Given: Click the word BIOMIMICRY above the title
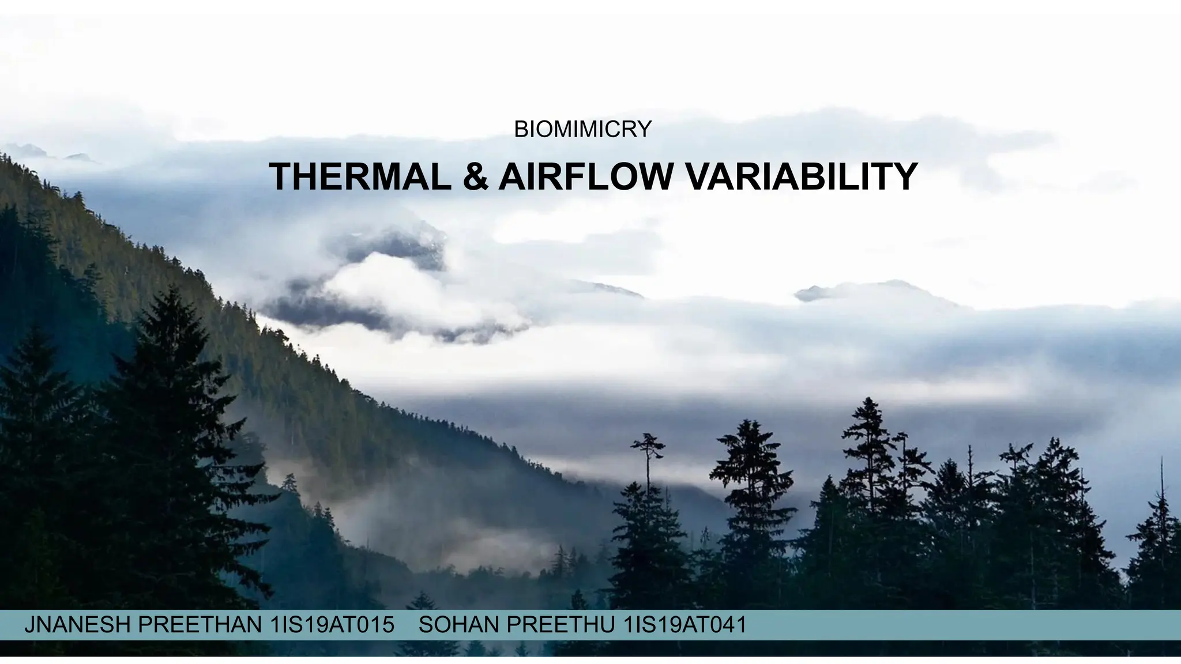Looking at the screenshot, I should pos(582,130).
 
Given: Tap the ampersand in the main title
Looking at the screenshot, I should pos(478,176).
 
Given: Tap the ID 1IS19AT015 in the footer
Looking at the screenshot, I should pos(332,625).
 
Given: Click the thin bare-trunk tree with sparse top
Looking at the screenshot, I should pos(649,461).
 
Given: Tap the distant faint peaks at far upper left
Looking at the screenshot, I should pos(35,151).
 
